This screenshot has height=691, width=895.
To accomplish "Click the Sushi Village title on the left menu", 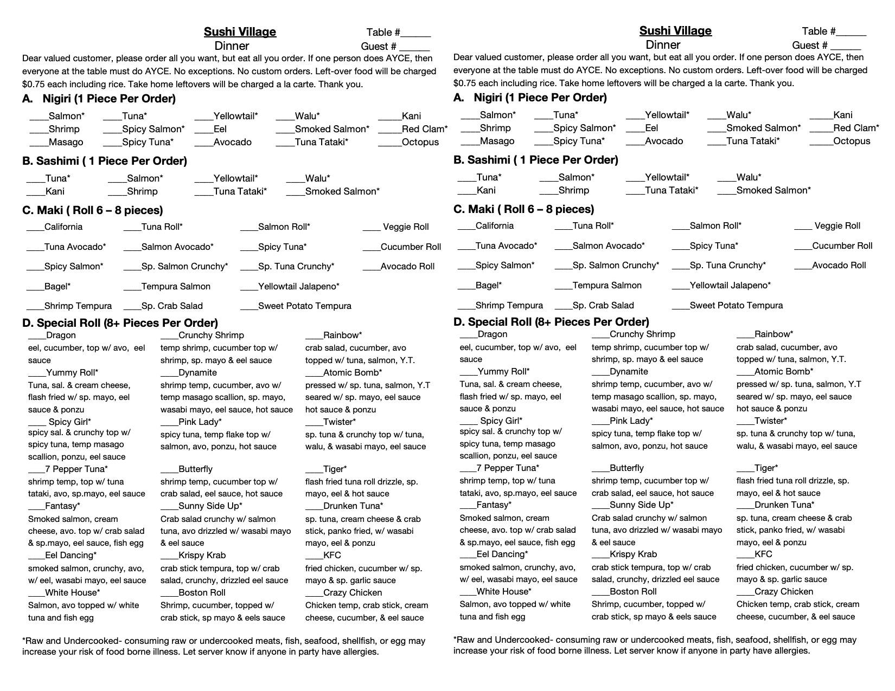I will [240, 32].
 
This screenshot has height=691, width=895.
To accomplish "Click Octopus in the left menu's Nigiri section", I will [420, 143].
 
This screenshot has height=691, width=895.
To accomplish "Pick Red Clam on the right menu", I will [855, 128].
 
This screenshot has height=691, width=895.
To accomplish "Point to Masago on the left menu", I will [66, 143].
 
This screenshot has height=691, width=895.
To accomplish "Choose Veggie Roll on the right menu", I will [837, 226].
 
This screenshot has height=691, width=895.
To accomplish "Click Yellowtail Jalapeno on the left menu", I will [298, 286].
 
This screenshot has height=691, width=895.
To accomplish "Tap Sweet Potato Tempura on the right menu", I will [736, 306].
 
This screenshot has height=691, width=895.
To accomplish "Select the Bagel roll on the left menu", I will [57, 286].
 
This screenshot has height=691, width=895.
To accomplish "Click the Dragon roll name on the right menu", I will [492, 334].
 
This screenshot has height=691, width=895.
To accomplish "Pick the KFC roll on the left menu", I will [332, 556].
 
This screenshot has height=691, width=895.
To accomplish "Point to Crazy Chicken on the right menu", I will [783, 592].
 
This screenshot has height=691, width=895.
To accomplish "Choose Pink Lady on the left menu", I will [200, 422].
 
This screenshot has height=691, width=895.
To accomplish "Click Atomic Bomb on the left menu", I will [352, 373].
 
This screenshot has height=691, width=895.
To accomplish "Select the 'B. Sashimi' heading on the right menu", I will [535, 160].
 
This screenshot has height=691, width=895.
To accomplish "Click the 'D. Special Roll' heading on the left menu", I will [120, 324].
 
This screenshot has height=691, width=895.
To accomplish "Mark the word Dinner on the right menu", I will [662, 45].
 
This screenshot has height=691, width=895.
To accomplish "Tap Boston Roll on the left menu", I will [201, 593].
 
